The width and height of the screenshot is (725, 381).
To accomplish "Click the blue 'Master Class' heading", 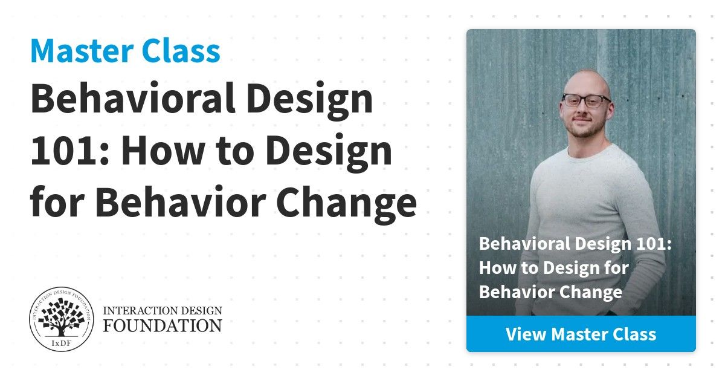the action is coord(125,51).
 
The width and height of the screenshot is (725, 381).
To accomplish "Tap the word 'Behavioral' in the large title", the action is coord(132,98).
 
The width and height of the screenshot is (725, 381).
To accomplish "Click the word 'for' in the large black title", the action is coord(57,201).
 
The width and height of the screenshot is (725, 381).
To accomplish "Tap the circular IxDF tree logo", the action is coord(62,319).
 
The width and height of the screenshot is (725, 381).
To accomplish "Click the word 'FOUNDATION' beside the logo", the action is coord(163,325).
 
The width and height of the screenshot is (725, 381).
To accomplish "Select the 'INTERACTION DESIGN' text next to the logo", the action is coord(163,310).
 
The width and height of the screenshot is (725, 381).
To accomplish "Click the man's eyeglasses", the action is coord(586,101).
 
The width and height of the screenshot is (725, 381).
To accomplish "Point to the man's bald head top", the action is coord(586,77).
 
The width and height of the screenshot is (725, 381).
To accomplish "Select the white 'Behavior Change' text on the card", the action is coord(550,292).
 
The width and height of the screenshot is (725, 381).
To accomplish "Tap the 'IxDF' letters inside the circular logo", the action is coord(62,344).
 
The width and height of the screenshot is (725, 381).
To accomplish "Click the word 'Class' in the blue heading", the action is coord(181,51).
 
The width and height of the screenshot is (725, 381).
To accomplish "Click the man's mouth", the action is coord(582,120).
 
